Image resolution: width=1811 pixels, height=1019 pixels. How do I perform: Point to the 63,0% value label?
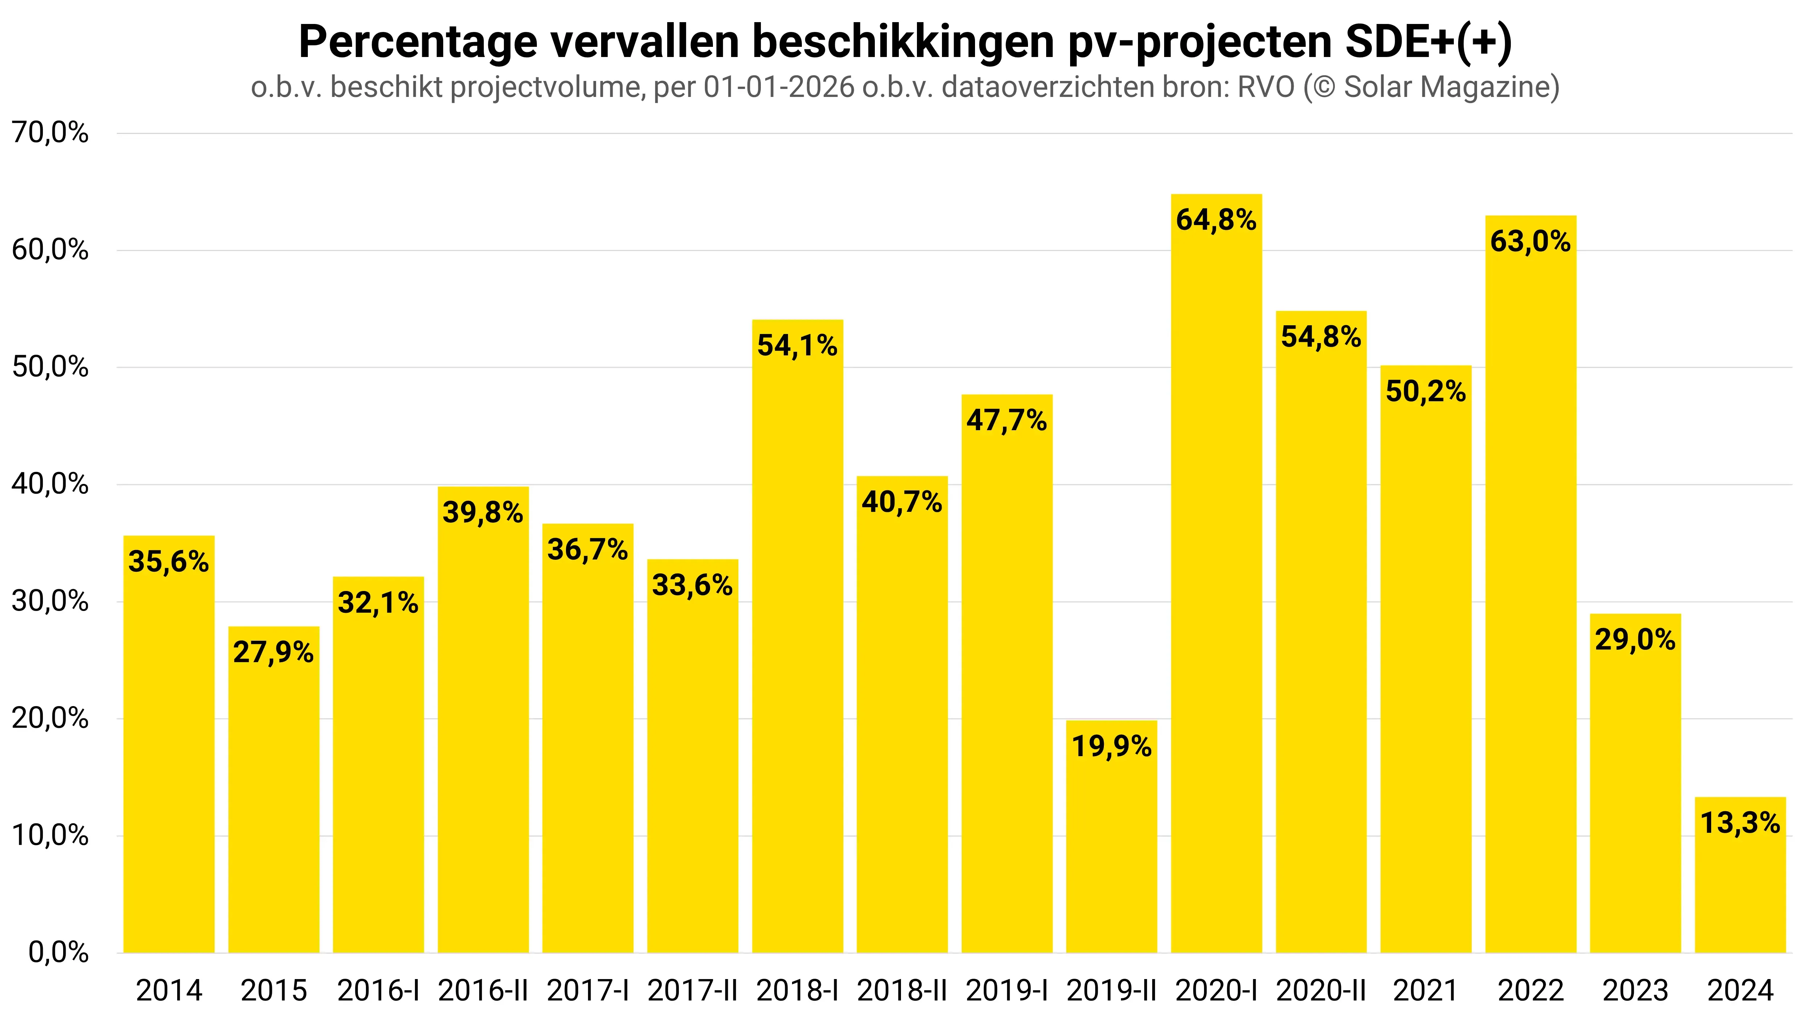tap(1530, 242)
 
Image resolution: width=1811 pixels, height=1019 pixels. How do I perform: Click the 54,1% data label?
tap(797, 345)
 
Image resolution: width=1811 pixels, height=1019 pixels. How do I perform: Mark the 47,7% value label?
tap(1007, 420)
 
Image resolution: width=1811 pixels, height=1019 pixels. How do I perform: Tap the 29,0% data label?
tap(1635, 640)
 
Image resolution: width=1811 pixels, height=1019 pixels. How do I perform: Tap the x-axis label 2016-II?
tap(483, 991)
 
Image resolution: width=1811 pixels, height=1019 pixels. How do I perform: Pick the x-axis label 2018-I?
tap(797, 991)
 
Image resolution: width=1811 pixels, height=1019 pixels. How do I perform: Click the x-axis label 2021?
tap(1426, 991)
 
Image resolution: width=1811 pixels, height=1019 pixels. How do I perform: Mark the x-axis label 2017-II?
tap(693, 991)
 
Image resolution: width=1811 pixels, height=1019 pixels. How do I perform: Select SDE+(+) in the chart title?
tap(1428, 42)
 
